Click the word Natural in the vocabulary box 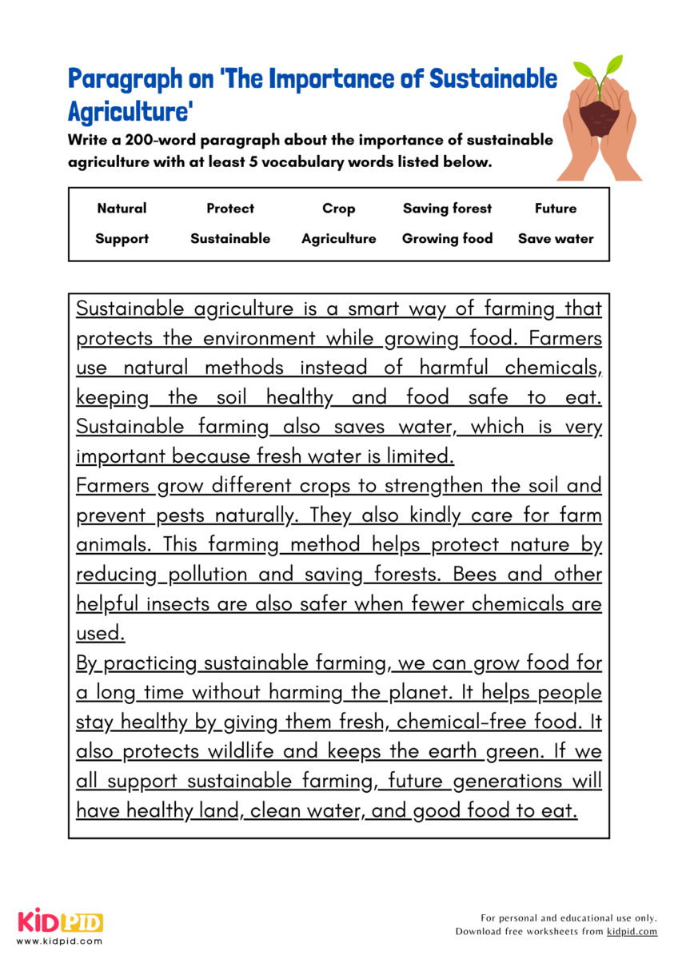[122, 209]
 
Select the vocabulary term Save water [556, 238]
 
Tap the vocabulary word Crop [338, 209]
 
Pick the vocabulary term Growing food [447, 238]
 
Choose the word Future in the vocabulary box [556, 209]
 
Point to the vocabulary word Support [122, 238]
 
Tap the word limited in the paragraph [417, 456]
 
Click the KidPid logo [60, 921]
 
